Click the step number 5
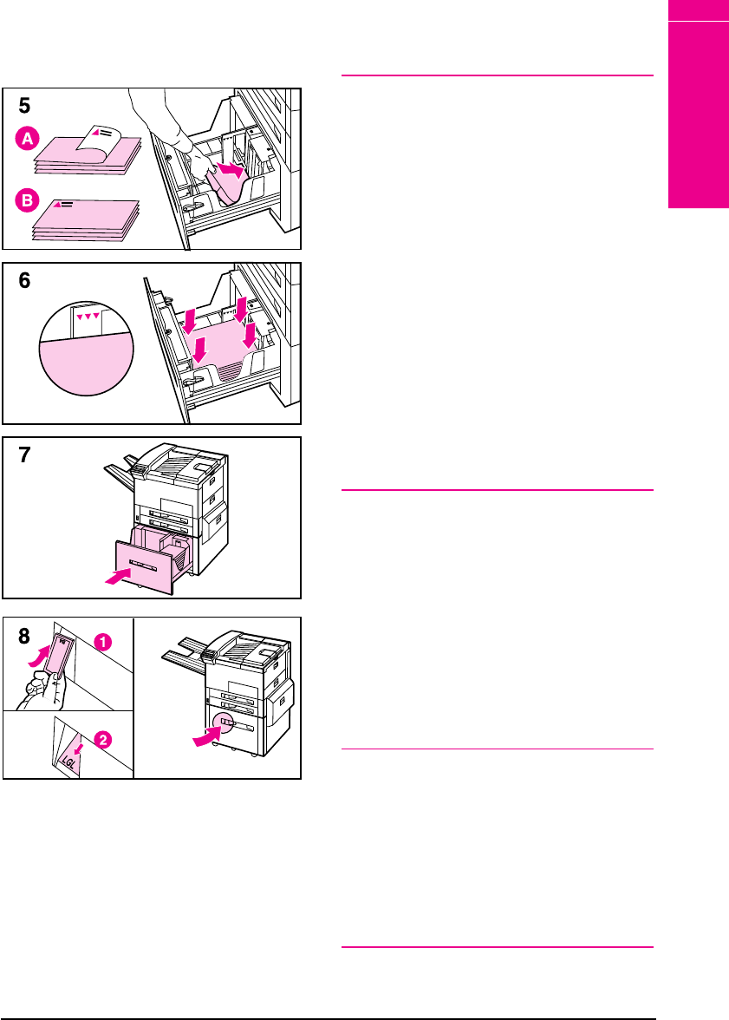click(x=24, y=106)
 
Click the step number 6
click(x=24, y=280)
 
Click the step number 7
click(x=24, y=454)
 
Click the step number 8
click(x=24, y=636)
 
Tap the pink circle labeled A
click(x=28, y=139)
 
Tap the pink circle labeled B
click(x=28, y=200)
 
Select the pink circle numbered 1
click(x=103, y=642)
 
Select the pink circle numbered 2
click(x=103, y=739)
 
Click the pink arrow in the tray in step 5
click(x=231, y=170)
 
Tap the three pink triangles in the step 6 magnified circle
click(x=88, y=316)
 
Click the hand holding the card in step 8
click(x=42, y=690)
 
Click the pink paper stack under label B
click(x=86, y=220)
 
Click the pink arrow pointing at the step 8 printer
click(x=207, y=737)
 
